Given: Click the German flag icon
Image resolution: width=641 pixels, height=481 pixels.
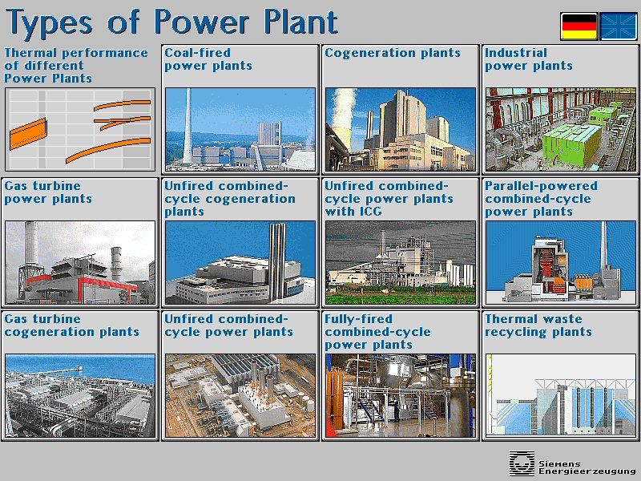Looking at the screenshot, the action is click(x=579, y=26).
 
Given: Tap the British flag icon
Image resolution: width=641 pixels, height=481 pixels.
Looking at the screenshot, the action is click(x=619, y=26).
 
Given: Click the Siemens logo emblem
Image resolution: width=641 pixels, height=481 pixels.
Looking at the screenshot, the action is click(x=522, y=463).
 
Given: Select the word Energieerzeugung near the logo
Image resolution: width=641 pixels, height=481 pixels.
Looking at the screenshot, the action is click(x=587, y=471).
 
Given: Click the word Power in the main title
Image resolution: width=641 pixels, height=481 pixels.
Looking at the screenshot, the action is click(x=202, y=22).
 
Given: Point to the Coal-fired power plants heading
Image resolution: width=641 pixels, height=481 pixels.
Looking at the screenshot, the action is click(x=208, y=59).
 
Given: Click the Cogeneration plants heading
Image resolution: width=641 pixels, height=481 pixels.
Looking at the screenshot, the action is click(x=393, y=53).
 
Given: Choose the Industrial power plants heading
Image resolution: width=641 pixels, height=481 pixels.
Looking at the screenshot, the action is click(x=529, y=59).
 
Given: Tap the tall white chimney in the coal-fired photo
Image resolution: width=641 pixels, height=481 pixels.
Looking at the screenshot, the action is click(x=187, y=126).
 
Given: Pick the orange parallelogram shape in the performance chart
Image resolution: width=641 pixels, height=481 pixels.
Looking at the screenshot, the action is click(x=28, y=133).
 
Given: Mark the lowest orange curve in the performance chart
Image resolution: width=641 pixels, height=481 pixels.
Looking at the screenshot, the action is click(x=108, y=150).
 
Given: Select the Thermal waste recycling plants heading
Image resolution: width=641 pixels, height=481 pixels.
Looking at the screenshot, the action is click(x=538, y=325).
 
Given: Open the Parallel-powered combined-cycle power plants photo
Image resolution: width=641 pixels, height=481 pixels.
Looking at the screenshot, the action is click(x=560, y=263).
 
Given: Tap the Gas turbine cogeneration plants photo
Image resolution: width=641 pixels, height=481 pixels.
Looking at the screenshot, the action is click(x=80, y=396).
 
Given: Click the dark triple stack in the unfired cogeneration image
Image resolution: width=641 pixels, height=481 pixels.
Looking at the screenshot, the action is click(x=277, y=262).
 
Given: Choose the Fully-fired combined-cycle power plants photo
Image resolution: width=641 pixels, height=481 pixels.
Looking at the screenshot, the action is click(x=401, y=396).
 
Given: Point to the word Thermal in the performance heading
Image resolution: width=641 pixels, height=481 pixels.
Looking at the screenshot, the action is click(x=30, y=53).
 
